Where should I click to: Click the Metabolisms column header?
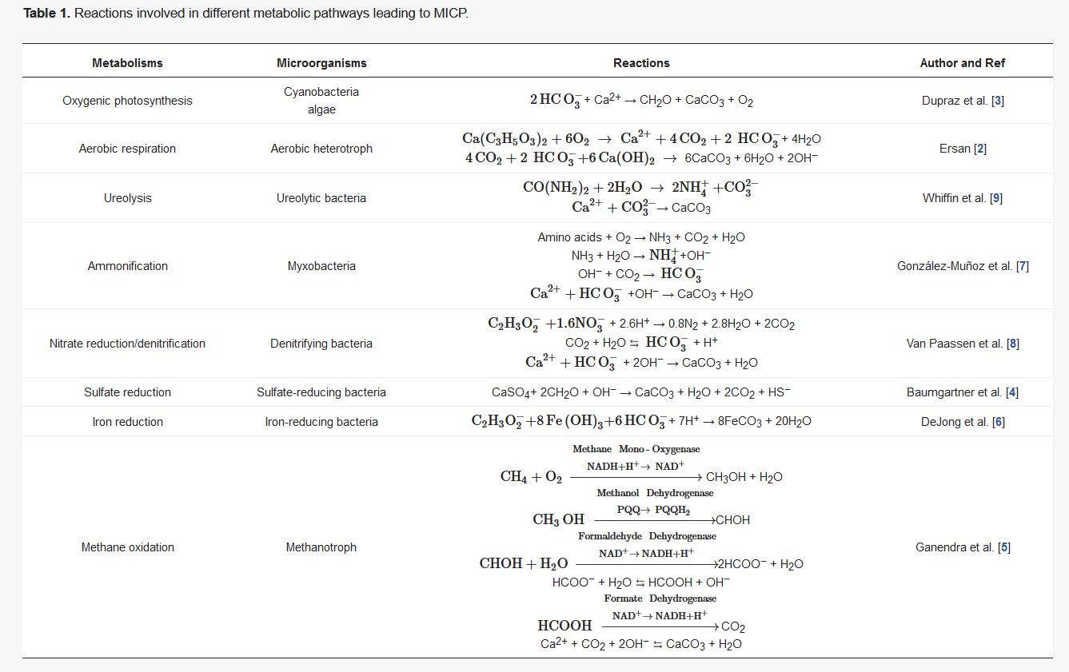click(127, 63)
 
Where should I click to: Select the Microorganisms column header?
click(321, 63)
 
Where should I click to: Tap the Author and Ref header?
click(963, 63)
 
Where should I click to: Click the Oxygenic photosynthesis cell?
click(127, 101)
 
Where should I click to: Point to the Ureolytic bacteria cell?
click(321, 198)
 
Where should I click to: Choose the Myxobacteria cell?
click(321, 266)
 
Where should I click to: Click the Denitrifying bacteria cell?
click(321, 344)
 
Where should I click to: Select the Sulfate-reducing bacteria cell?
click(321, 392)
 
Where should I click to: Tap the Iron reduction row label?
click(127, 422)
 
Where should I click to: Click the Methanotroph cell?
click(321, 547)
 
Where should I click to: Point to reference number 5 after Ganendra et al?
click(1004, 547)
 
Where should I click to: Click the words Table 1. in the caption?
click(47, 14)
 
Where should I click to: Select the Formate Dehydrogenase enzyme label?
click(660, 598)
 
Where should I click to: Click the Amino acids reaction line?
click(641, 237)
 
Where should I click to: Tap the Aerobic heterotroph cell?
click(321, 149)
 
